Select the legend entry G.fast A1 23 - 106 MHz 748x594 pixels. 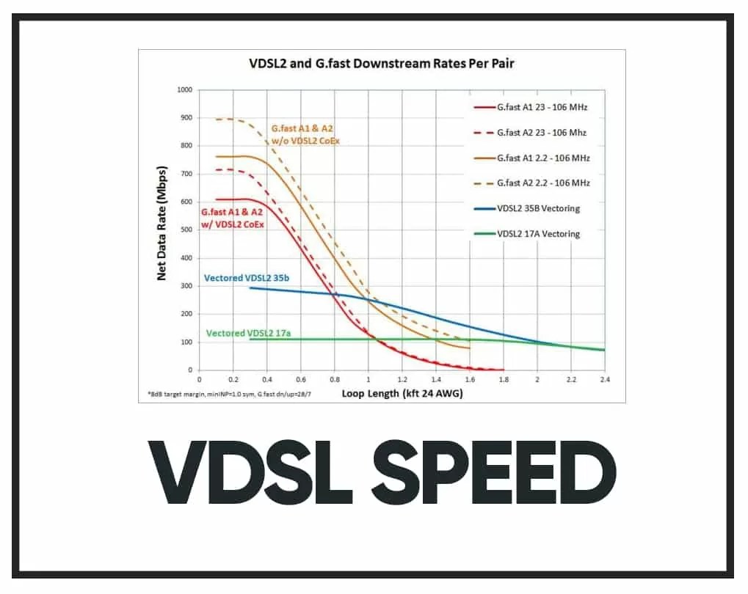pyautogui.click(x=541, y=107)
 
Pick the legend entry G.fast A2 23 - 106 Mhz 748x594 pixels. pyautogui.click(x=541, y=133)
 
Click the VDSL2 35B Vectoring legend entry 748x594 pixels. pyautogui.click(x=538, y=208)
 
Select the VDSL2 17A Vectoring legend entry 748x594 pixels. pyautogui.click(x=538, y=234)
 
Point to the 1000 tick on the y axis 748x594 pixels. pyautogui.click(x=184, y=89)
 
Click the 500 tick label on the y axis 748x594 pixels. pyautogui.click(x=185, y=230)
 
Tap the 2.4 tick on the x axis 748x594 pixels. pyautogui.click(x=605, y=380)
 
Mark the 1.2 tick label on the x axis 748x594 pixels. pyautogui.click(x=402, y=380)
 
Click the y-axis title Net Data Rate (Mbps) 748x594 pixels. pyautogui.click(x=162, y=230)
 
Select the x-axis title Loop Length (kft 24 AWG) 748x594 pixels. pyautogui.click(x=401, y=394)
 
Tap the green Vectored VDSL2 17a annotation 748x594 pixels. pyautogui.click(x=249, y=333)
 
